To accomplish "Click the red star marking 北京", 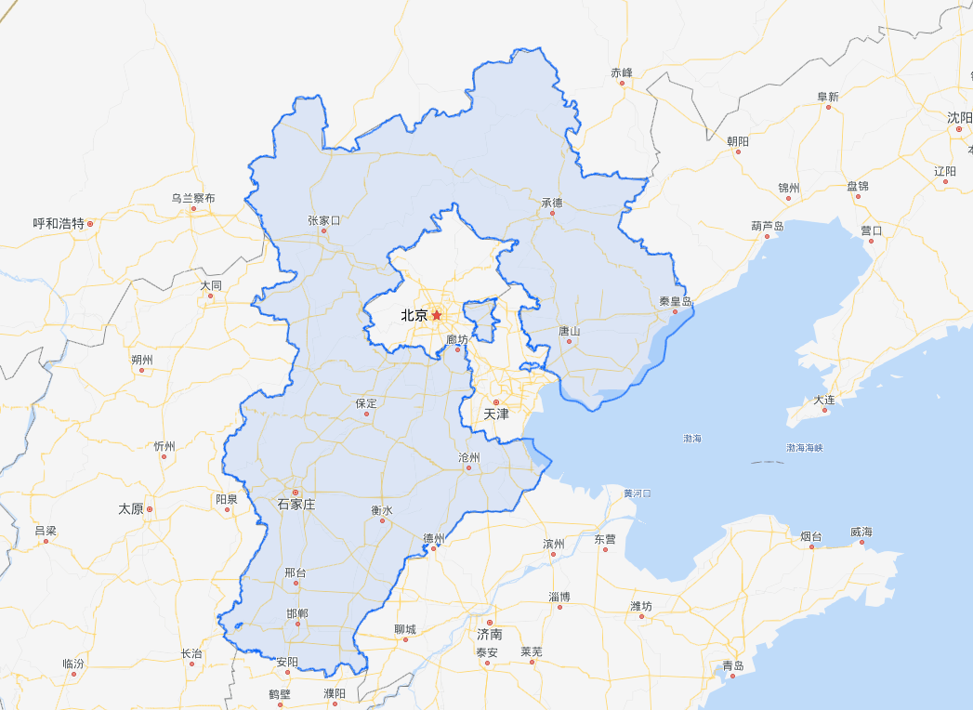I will [x=437, y=316].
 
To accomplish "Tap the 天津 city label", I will [x=495, y=414].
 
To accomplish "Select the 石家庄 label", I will [x=296, y=505].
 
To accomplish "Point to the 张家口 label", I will [x=324, y=220].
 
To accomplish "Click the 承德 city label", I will [x=551, y=202].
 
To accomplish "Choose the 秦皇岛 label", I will [x=676, y=301].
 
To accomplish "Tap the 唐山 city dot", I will [x=569, y=341].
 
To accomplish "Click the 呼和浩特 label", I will [x=59, y=223].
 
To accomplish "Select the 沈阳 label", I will [x=959, y=117].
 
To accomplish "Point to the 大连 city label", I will [x=824, y=400].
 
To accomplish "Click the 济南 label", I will [x=489, y=634].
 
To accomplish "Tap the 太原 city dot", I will [x=149, y=509].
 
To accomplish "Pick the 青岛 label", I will [x=733, y=665].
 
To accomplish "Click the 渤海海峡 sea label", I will [x=805, y=448].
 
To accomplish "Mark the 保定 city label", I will [x=366, y=403].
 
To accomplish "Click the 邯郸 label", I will [x=297, y=613].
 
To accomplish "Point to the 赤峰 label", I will [x=621, y=72].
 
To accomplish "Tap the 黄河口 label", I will [x=637, y=493].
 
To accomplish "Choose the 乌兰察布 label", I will [x=192, y=198].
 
